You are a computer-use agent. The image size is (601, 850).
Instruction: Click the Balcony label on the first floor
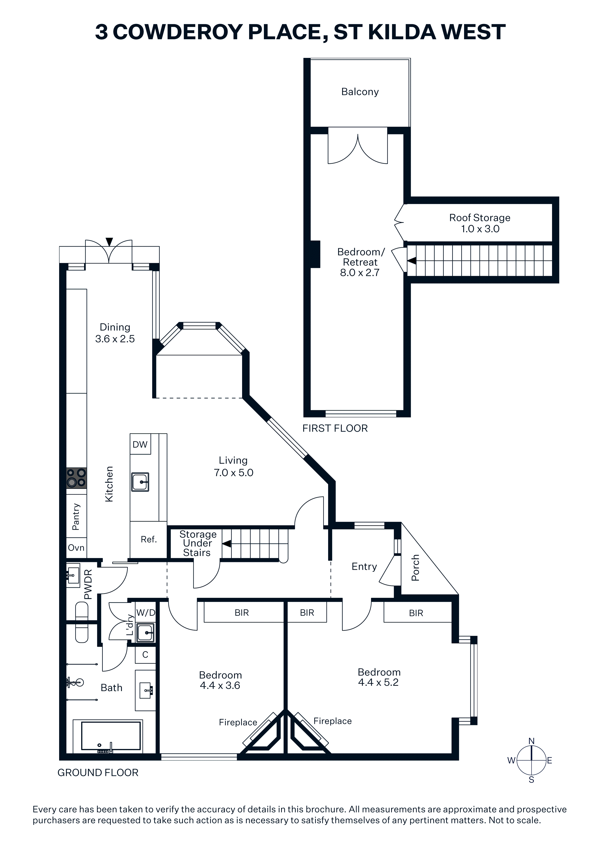coord(360,92)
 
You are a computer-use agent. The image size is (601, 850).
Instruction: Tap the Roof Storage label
coord(480,218)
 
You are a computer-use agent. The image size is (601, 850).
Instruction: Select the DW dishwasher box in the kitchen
coord(140,444)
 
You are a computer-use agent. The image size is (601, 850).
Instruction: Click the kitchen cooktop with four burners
coord(76,478)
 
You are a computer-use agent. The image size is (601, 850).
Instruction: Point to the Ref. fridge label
coord(149,539)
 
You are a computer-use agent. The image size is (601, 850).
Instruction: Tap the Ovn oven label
coord(76,548)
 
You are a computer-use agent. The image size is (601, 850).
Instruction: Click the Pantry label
coord(76,516)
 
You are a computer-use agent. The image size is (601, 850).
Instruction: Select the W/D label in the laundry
coord(146,613)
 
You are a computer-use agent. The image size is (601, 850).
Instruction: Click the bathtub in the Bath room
coord(111,736)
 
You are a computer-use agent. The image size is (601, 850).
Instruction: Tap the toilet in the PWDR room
coord(82,622)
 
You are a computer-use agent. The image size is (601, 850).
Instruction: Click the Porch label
coord(415,567)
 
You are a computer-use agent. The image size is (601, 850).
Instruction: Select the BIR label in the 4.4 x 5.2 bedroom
coord(416,613)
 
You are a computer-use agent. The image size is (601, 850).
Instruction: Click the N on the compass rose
coord(531,741)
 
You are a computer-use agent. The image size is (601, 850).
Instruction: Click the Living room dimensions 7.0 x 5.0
coord(233,473)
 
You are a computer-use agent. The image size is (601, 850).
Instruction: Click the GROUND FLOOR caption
coord(98,773)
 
